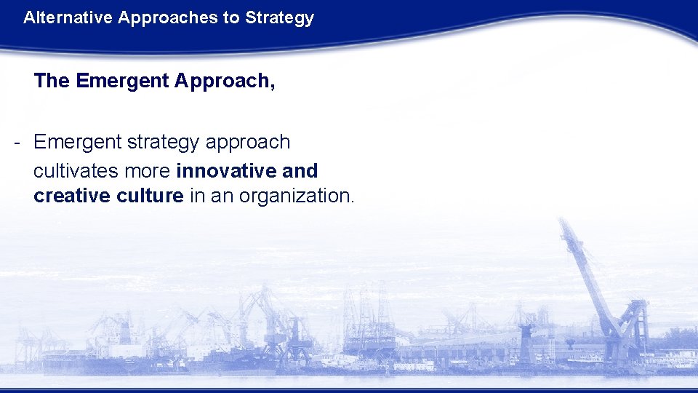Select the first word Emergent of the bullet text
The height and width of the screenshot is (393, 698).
pyautogui.click(x=78, y=142)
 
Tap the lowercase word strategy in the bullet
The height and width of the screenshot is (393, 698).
pyautogui.click(x=164, y=143)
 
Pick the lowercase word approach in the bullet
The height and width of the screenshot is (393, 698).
pyautogui.click(x=248, y=143)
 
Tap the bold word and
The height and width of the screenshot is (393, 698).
pyautogui.click(x=301, y=171)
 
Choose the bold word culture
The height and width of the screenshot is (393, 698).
pyautogui.click(x=150, y=196)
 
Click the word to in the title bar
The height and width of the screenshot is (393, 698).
pyautogui.click(x=232, y=18)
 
